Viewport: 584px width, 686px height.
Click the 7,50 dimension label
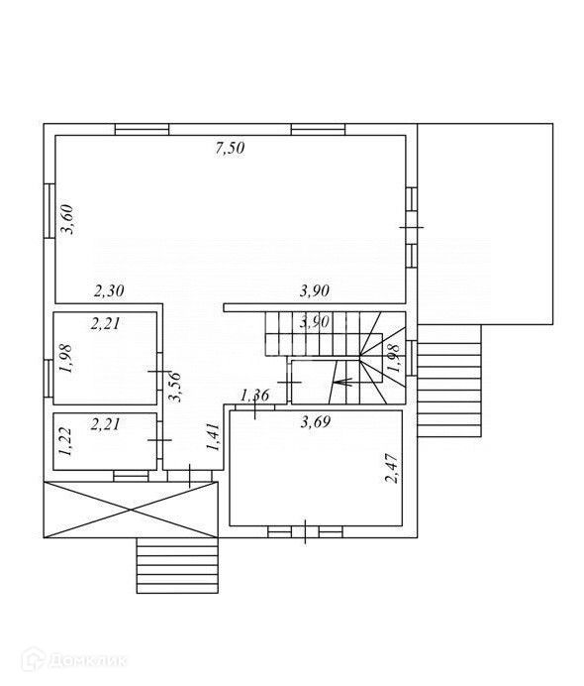230,149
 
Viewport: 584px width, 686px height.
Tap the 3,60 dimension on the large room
67,220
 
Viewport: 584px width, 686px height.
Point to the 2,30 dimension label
109,290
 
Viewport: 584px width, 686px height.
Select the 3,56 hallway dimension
175,387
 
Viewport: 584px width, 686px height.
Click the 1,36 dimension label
255,396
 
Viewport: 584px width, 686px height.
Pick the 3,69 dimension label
316,422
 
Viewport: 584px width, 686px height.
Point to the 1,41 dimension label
213,436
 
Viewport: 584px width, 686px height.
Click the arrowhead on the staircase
342,382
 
